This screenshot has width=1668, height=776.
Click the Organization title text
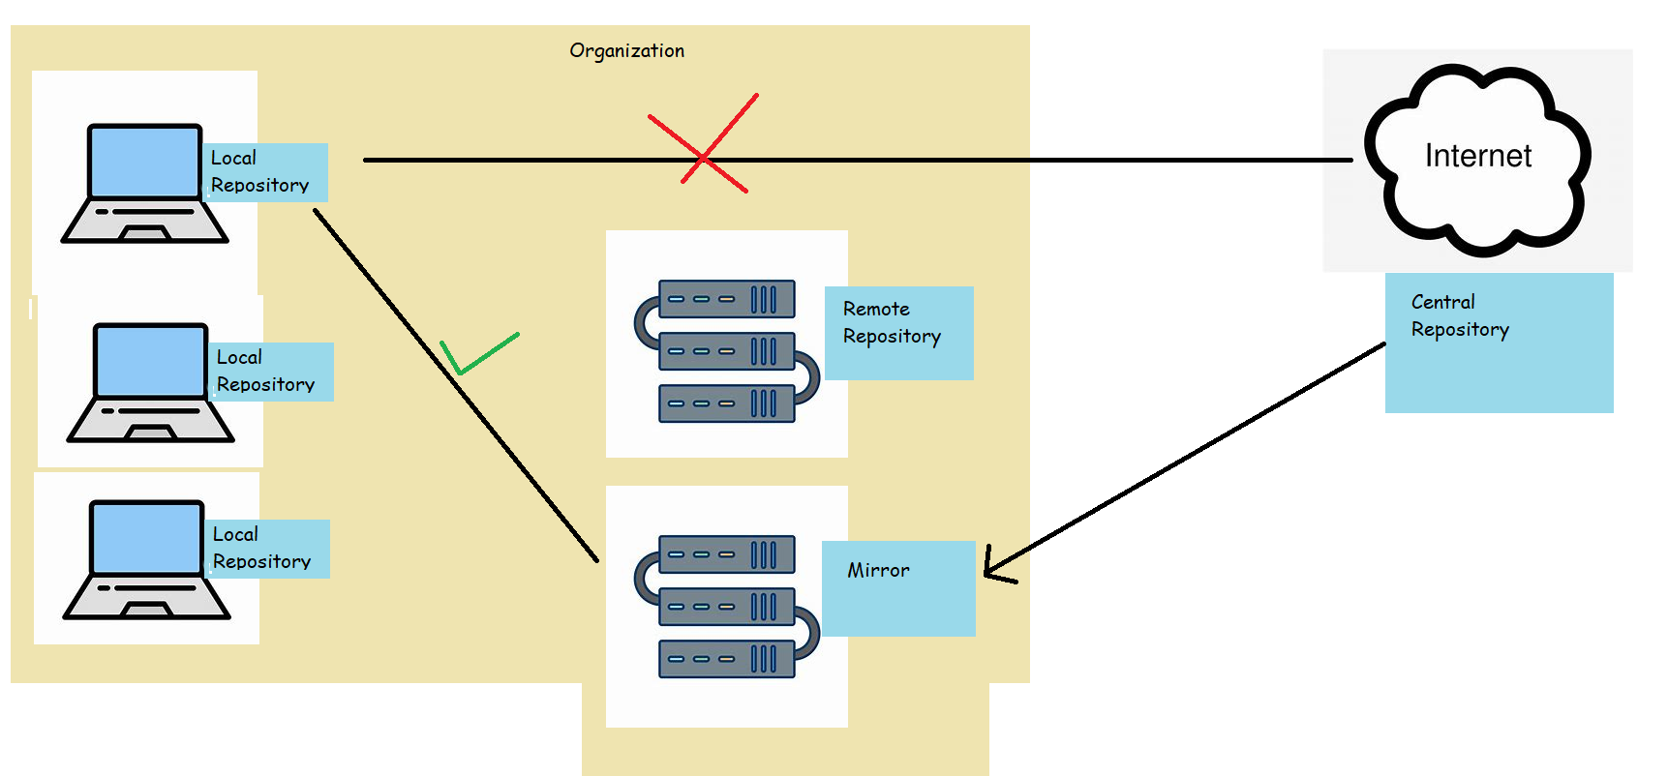626,50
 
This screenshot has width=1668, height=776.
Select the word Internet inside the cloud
1477,156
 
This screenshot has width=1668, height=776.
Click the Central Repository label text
1459,315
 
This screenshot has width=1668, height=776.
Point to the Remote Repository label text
891,322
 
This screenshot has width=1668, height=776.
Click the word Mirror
878,571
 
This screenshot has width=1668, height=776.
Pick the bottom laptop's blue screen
146,538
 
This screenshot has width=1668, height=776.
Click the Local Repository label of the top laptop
259,171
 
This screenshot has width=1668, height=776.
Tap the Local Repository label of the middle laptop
265,371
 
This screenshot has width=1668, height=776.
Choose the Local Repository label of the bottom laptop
261,548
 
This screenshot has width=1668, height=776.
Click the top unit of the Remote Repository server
726,299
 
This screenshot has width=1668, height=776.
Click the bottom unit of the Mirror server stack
726,659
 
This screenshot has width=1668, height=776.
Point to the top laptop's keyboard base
145,219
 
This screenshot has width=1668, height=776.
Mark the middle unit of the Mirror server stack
726,607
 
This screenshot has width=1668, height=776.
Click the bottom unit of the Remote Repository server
726,403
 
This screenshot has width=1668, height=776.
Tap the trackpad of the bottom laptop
146,611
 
